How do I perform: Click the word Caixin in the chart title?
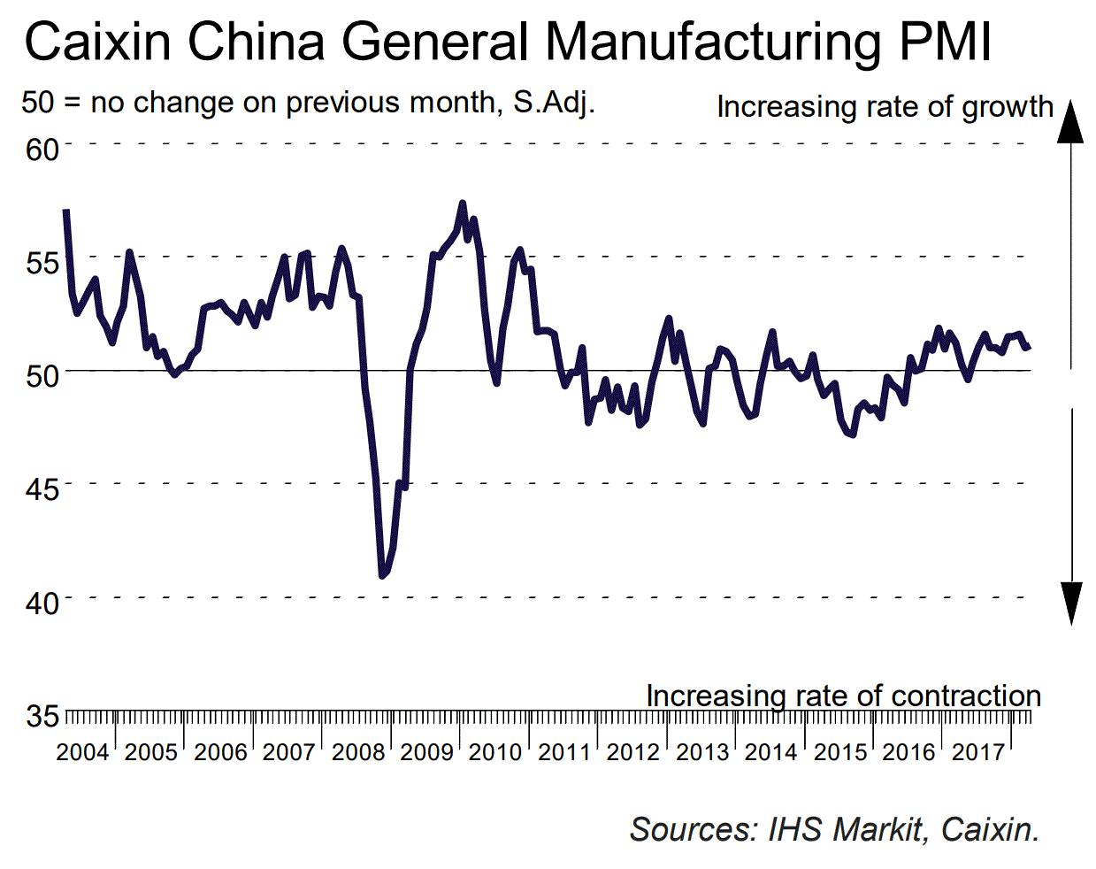[98, 42]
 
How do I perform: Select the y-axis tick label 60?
[42, 149]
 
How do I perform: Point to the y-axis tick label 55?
[42, 262]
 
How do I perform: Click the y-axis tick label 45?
[42, 488]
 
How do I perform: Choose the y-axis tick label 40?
[42, 604]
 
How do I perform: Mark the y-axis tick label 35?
[42, 716]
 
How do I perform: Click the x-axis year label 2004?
[82, 752]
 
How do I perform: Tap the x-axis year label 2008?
[358, 752]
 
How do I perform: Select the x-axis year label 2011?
[564, 752]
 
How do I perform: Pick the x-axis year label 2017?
[977, 752]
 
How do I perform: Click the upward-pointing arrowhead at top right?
[1070, 121]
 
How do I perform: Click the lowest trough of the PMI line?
[382, 576]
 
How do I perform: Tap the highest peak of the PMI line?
[463, 204]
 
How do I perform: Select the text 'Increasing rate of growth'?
[885, 107]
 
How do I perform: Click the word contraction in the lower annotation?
[965, 696]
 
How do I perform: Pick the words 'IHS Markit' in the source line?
[845, 829]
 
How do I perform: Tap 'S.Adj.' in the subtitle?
[555, 103]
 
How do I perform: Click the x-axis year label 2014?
[770, 752]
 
